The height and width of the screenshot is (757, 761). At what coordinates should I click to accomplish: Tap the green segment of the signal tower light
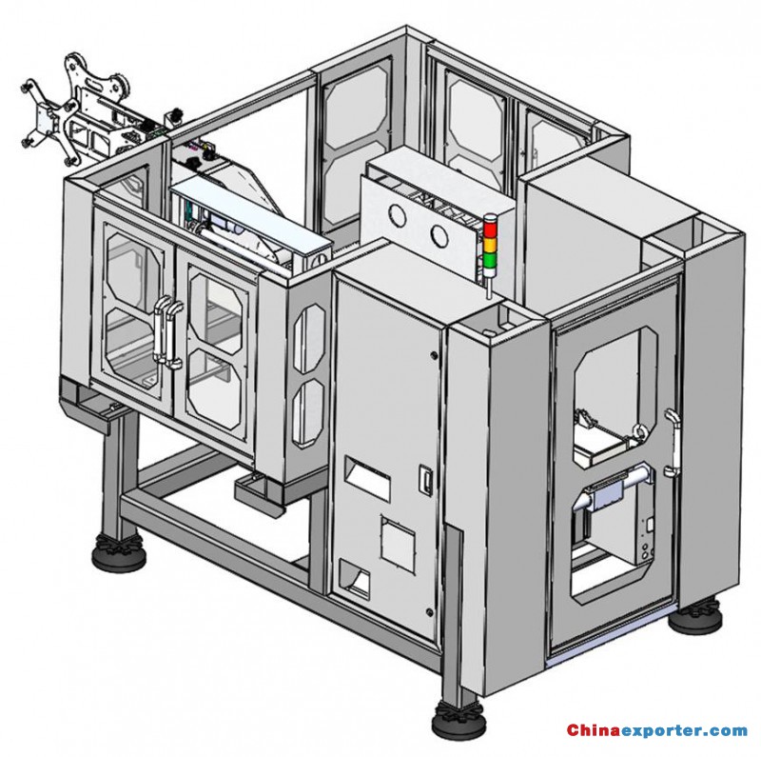point(490,261)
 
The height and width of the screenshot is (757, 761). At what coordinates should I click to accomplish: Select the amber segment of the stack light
point(490,245)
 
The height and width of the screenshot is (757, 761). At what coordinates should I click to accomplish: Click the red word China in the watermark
point(594,729)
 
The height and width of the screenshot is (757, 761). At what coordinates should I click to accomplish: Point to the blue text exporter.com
point(684,730)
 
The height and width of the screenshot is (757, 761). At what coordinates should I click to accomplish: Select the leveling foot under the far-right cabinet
point(695,617)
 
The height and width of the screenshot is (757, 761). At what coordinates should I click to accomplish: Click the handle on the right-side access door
point(673,442)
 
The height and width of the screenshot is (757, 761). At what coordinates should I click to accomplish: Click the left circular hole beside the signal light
point(398,216)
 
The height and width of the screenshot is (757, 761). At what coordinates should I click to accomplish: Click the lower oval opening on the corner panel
point(308,412)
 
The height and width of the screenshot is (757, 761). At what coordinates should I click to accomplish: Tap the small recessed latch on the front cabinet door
point(425,480)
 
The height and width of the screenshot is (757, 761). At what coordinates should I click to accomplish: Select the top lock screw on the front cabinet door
point(434,355)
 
